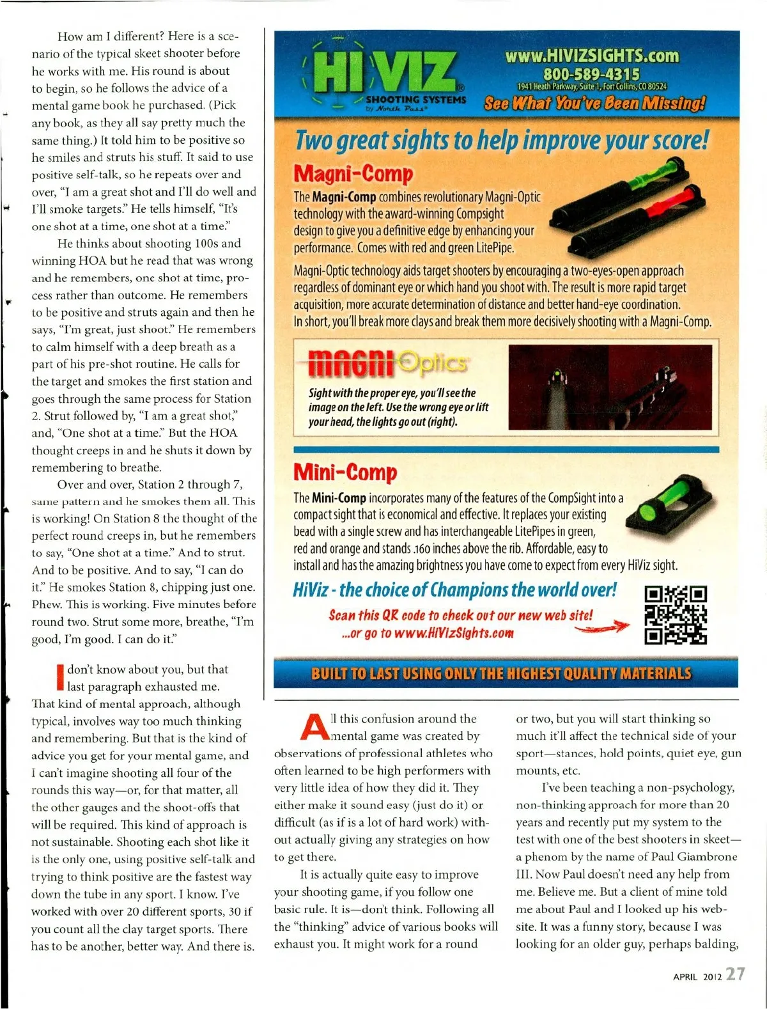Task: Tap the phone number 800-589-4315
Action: click(591, 74)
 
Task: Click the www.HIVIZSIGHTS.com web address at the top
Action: click(591, 56)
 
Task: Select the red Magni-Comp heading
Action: click(353, 173)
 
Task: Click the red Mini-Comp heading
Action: click(345, 472)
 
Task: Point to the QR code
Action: click(675, 614)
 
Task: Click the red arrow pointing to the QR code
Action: click(602, 628)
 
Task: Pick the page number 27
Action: click(735, 974)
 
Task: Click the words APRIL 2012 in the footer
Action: click(697, 976)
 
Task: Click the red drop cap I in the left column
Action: click(60, 678)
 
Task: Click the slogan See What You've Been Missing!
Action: click(594, 103)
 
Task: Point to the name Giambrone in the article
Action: click(707, 857)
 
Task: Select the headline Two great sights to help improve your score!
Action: click(502, 141)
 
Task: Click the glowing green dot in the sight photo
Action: click(556, 373)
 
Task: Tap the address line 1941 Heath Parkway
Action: click(592, 86)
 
